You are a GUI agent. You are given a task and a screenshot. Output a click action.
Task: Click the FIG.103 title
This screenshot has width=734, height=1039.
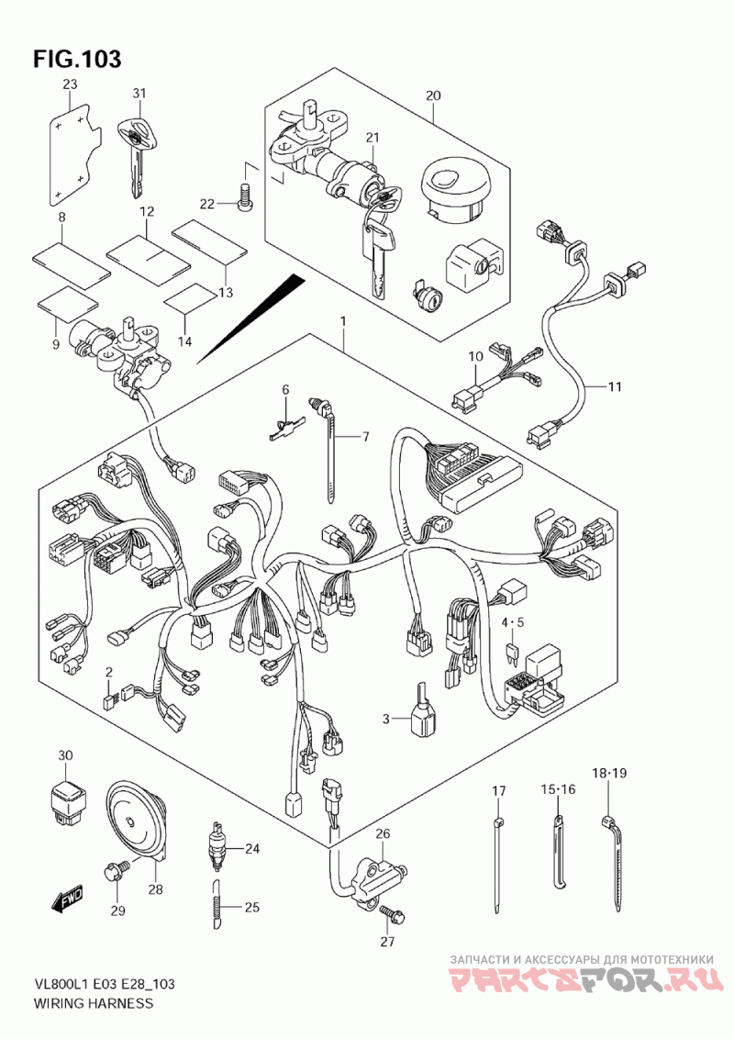[77, 59]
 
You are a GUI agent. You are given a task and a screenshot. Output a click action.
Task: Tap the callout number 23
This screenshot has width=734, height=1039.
[71, 84]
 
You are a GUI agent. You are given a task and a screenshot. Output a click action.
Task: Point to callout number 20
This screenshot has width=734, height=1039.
[432, 95]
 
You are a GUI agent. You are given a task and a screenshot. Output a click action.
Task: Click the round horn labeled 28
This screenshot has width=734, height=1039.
[138, 821]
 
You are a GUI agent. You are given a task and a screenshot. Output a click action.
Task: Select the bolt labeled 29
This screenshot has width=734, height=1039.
[115, 869]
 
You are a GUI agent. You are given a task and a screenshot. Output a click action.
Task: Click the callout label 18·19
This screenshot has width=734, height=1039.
[609, 773]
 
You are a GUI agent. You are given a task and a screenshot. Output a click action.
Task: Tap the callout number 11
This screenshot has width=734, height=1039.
[615, 387]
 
